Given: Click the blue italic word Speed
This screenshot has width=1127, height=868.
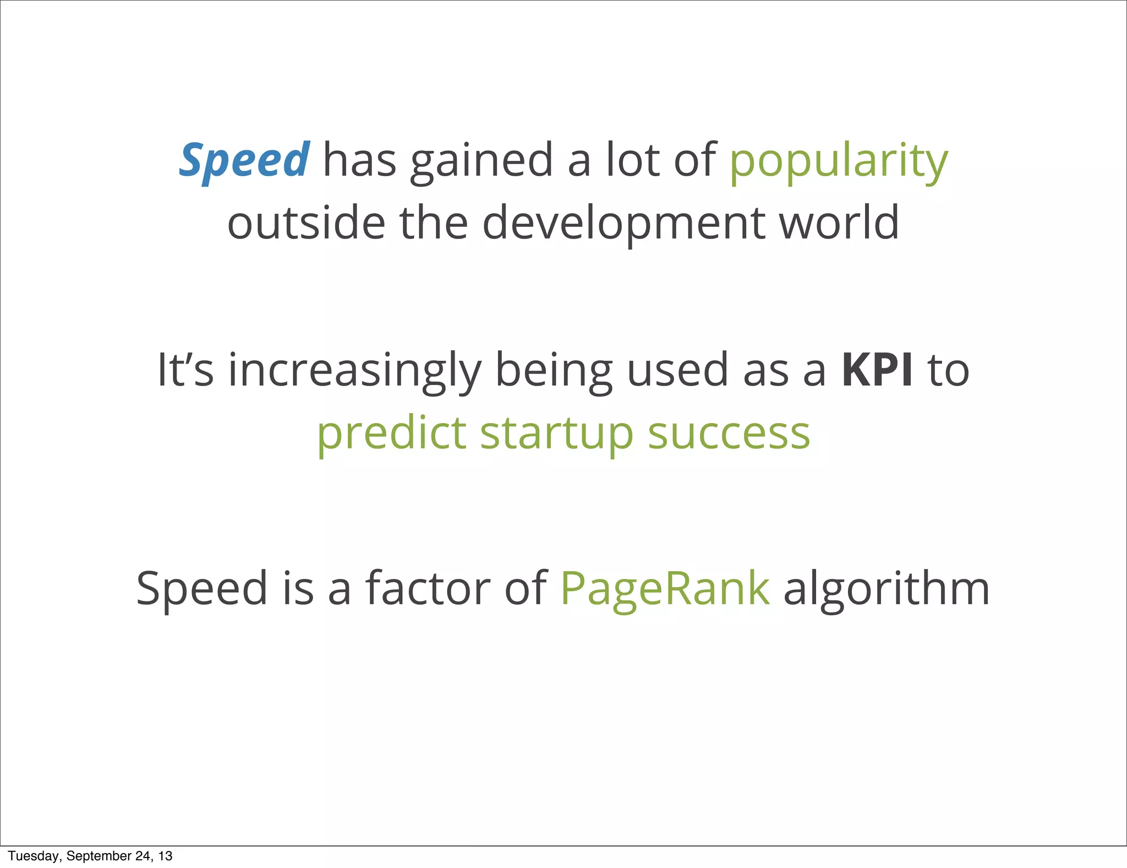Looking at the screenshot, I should click(244, 160).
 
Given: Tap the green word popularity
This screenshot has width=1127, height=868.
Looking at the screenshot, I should click(839, 162).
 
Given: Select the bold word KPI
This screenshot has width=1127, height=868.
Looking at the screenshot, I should click(877, 370).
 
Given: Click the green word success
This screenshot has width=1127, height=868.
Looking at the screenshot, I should click(729, 433).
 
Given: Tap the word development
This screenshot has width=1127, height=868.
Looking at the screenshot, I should click(623, 224).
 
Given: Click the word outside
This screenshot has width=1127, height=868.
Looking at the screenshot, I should click(307, 223).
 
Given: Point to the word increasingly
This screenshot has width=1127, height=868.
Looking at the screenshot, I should click(355, 371).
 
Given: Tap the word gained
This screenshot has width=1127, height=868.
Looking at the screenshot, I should click(482, 162).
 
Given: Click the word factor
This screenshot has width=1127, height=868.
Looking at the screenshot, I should click(428, 588).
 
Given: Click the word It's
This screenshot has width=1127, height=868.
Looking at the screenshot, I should click(185, 370).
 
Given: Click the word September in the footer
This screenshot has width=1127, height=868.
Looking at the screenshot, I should click(99, 856).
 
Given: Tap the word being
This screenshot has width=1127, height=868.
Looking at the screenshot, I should click(554, 371).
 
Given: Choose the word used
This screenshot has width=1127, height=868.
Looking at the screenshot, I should click(678, 370).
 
